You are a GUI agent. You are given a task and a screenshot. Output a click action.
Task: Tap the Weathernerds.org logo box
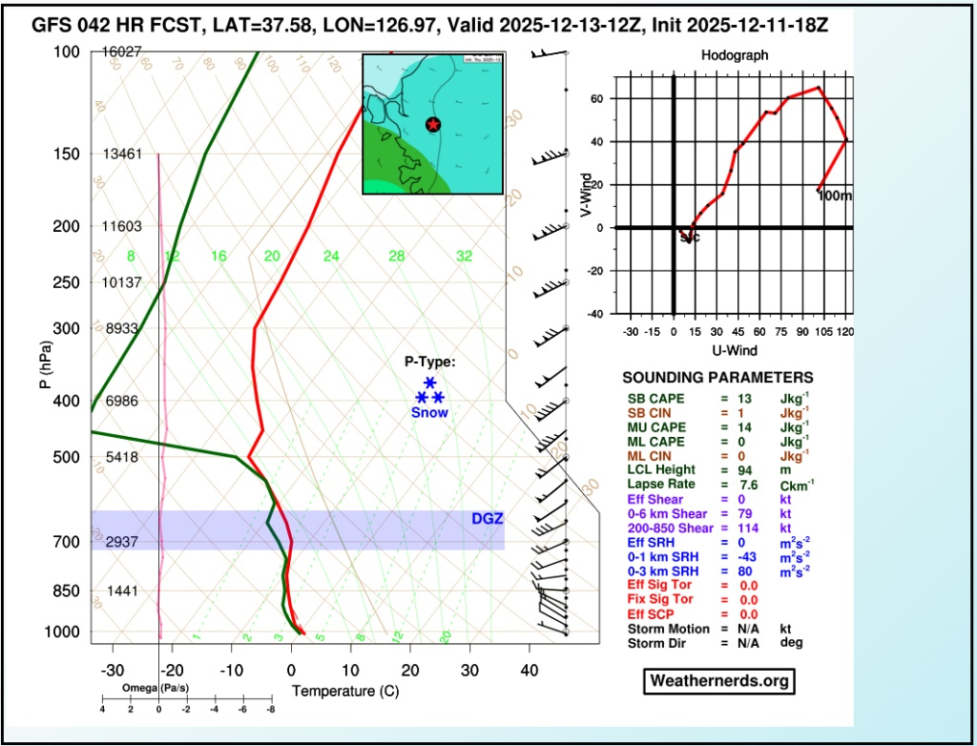click(719, 680)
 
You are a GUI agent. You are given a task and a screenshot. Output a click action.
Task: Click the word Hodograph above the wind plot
click(734, 56)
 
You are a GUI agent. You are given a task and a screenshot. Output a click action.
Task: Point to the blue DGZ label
click(487, 519)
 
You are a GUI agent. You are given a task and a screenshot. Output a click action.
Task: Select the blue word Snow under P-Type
click(428, 413)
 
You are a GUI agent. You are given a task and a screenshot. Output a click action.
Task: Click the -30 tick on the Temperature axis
click(114, 671)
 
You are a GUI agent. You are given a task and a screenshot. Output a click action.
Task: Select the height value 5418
click(122, 458)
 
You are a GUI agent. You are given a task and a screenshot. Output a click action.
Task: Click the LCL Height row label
click(661, 470)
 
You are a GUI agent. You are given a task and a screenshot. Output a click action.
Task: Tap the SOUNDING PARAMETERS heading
click(717, 378)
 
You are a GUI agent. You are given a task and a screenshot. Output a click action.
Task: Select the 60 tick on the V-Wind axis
click(593, 98)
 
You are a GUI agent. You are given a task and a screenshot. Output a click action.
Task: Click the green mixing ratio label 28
click(396, 256)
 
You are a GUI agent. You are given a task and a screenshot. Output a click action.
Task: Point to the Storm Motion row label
click(669, 629)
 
